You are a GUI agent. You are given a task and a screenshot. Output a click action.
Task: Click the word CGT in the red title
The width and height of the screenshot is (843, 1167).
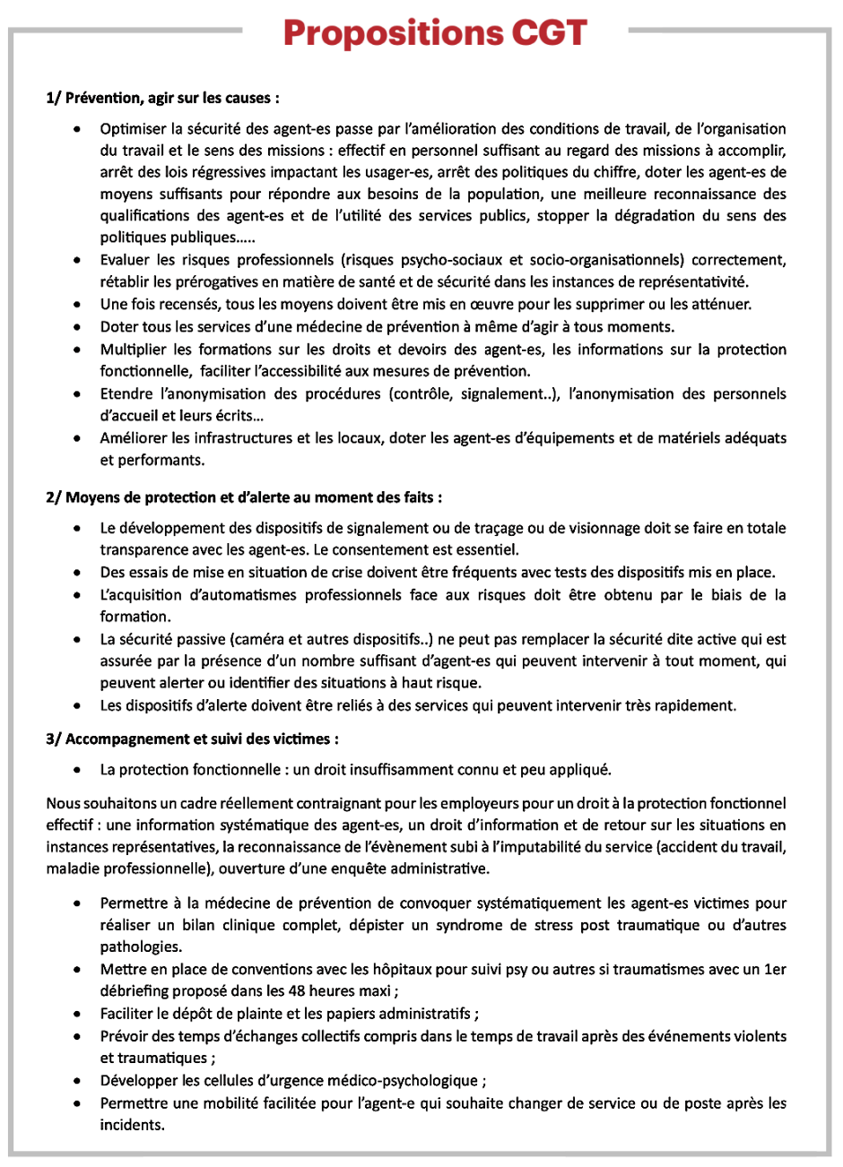(549, 33)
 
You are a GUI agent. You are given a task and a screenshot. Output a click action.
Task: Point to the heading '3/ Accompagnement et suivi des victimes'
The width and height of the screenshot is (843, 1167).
(193, 739)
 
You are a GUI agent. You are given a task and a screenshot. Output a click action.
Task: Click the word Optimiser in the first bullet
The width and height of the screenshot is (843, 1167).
(132, 128)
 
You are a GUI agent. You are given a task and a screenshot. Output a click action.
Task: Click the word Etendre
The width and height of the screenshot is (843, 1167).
(126, 393)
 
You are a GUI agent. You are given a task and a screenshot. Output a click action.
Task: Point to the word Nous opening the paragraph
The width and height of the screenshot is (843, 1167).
(63, 803)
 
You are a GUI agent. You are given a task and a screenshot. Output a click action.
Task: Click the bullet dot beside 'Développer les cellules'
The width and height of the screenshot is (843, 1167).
(80, 1081)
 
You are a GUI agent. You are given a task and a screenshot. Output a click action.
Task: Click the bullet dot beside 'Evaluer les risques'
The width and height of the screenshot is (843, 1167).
(80, 261)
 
